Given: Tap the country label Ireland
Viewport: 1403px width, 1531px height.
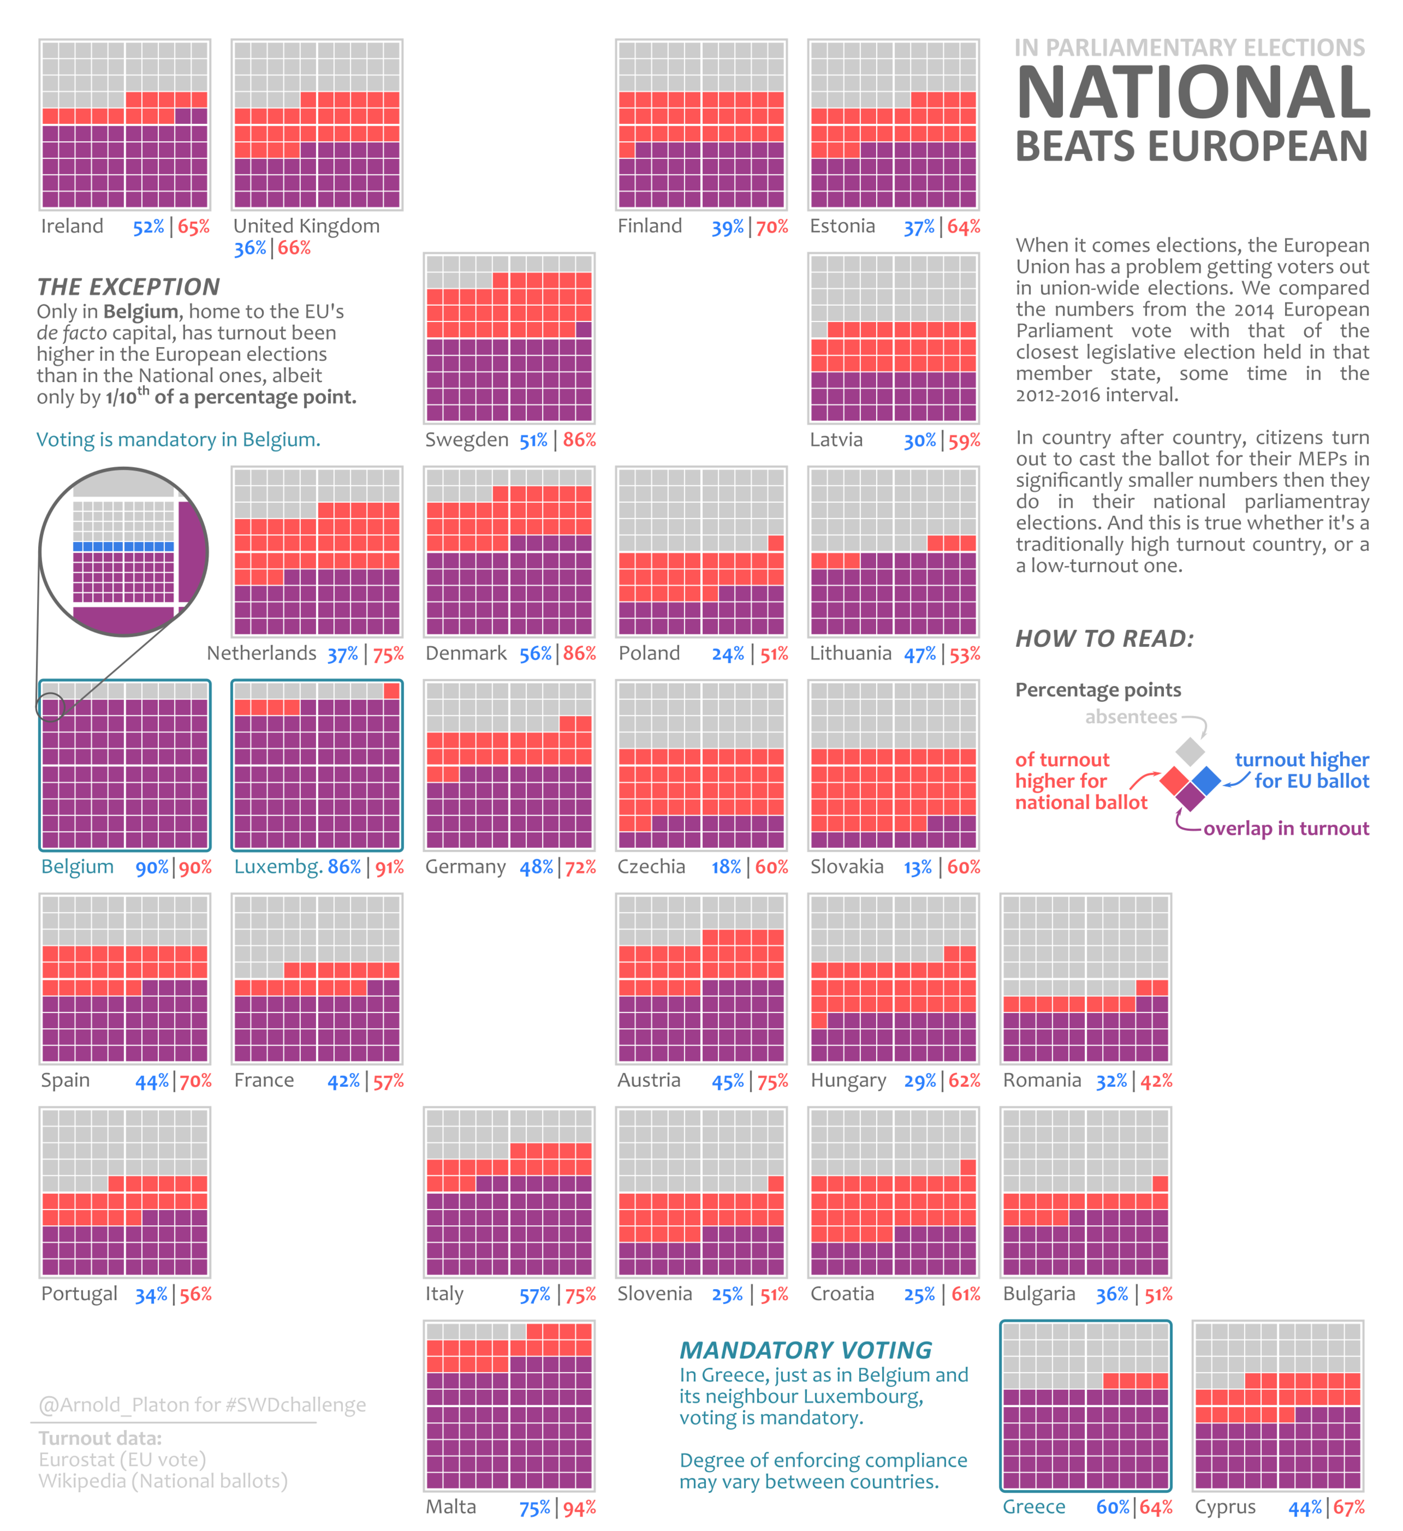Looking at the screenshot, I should tap(72, 226).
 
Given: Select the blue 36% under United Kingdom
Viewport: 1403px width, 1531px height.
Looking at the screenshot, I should tap(250, 249).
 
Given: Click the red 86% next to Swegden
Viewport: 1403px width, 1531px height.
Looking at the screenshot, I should tap(580, 440).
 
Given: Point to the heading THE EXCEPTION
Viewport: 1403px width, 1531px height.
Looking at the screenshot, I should tap(129, 287).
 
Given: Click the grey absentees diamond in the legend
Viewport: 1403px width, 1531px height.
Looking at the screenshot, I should tap(1190, 752).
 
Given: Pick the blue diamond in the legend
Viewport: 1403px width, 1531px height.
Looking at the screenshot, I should tap(1205, 780).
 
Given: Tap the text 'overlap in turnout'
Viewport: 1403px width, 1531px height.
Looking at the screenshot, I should tap(1286, 829).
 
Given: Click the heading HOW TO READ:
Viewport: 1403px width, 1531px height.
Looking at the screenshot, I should tap(1104, 638).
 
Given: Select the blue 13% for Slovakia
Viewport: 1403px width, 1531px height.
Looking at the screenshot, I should tap(918, 867).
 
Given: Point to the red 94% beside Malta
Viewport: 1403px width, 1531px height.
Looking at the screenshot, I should tap(580, 1508).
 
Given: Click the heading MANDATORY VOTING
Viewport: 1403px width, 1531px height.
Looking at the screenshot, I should tap(805, 1350).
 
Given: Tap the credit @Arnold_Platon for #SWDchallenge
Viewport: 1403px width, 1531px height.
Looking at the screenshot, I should tap(202, 1405).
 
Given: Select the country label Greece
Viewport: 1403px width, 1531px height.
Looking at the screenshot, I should tap(1034, 1507).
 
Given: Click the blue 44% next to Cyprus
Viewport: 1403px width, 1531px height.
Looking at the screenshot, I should tap(1304, 1508).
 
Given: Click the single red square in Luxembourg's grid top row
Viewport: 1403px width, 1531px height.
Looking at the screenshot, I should tap(391, 690).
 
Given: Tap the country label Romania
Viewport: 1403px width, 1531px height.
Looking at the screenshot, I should tap(1042, 1081).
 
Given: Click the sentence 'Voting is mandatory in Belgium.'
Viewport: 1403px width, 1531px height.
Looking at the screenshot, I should tap(178, 440).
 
